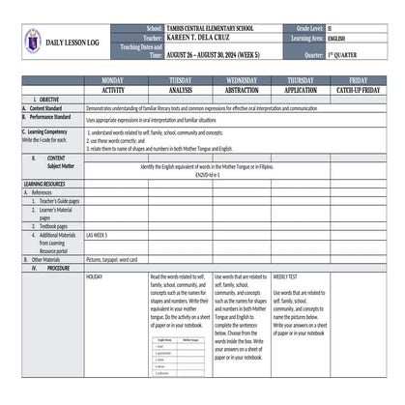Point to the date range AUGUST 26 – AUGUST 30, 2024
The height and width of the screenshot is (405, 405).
click(x=217, y=56)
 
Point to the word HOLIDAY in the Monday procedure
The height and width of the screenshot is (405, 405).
click(x=95, y=276)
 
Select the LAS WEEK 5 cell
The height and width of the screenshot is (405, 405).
click(x=97, y=235)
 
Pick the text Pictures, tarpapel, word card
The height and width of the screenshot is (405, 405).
click(x=112, y=259)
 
